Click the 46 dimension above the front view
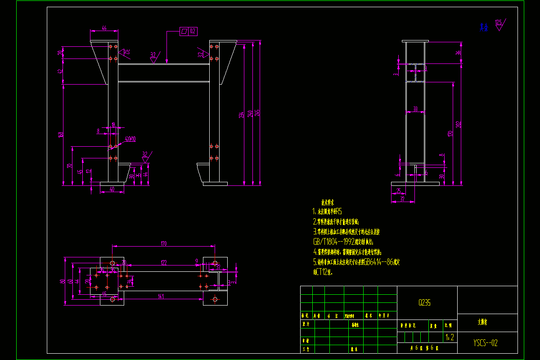(104, 28)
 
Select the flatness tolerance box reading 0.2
(189, 31)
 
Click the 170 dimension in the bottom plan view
(163, 243)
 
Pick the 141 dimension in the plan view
(161, 296)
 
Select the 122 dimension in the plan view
(163, 262)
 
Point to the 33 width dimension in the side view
(415, 109)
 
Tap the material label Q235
(424, 303)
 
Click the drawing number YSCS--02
(486, 343)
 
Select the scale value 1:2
(449, 337)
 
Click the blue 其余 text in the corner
(484, 27)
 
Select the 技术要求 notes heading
(327, 203)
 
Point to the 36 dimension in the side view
(459, 53)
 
